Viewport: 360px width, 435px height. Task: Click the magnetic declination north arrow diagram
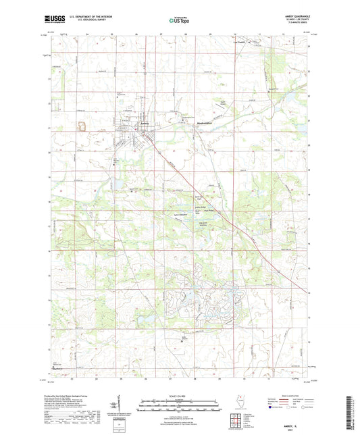pos(120,404)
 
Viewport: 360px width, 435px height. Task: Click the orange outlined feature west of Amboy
pos(84,125)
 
